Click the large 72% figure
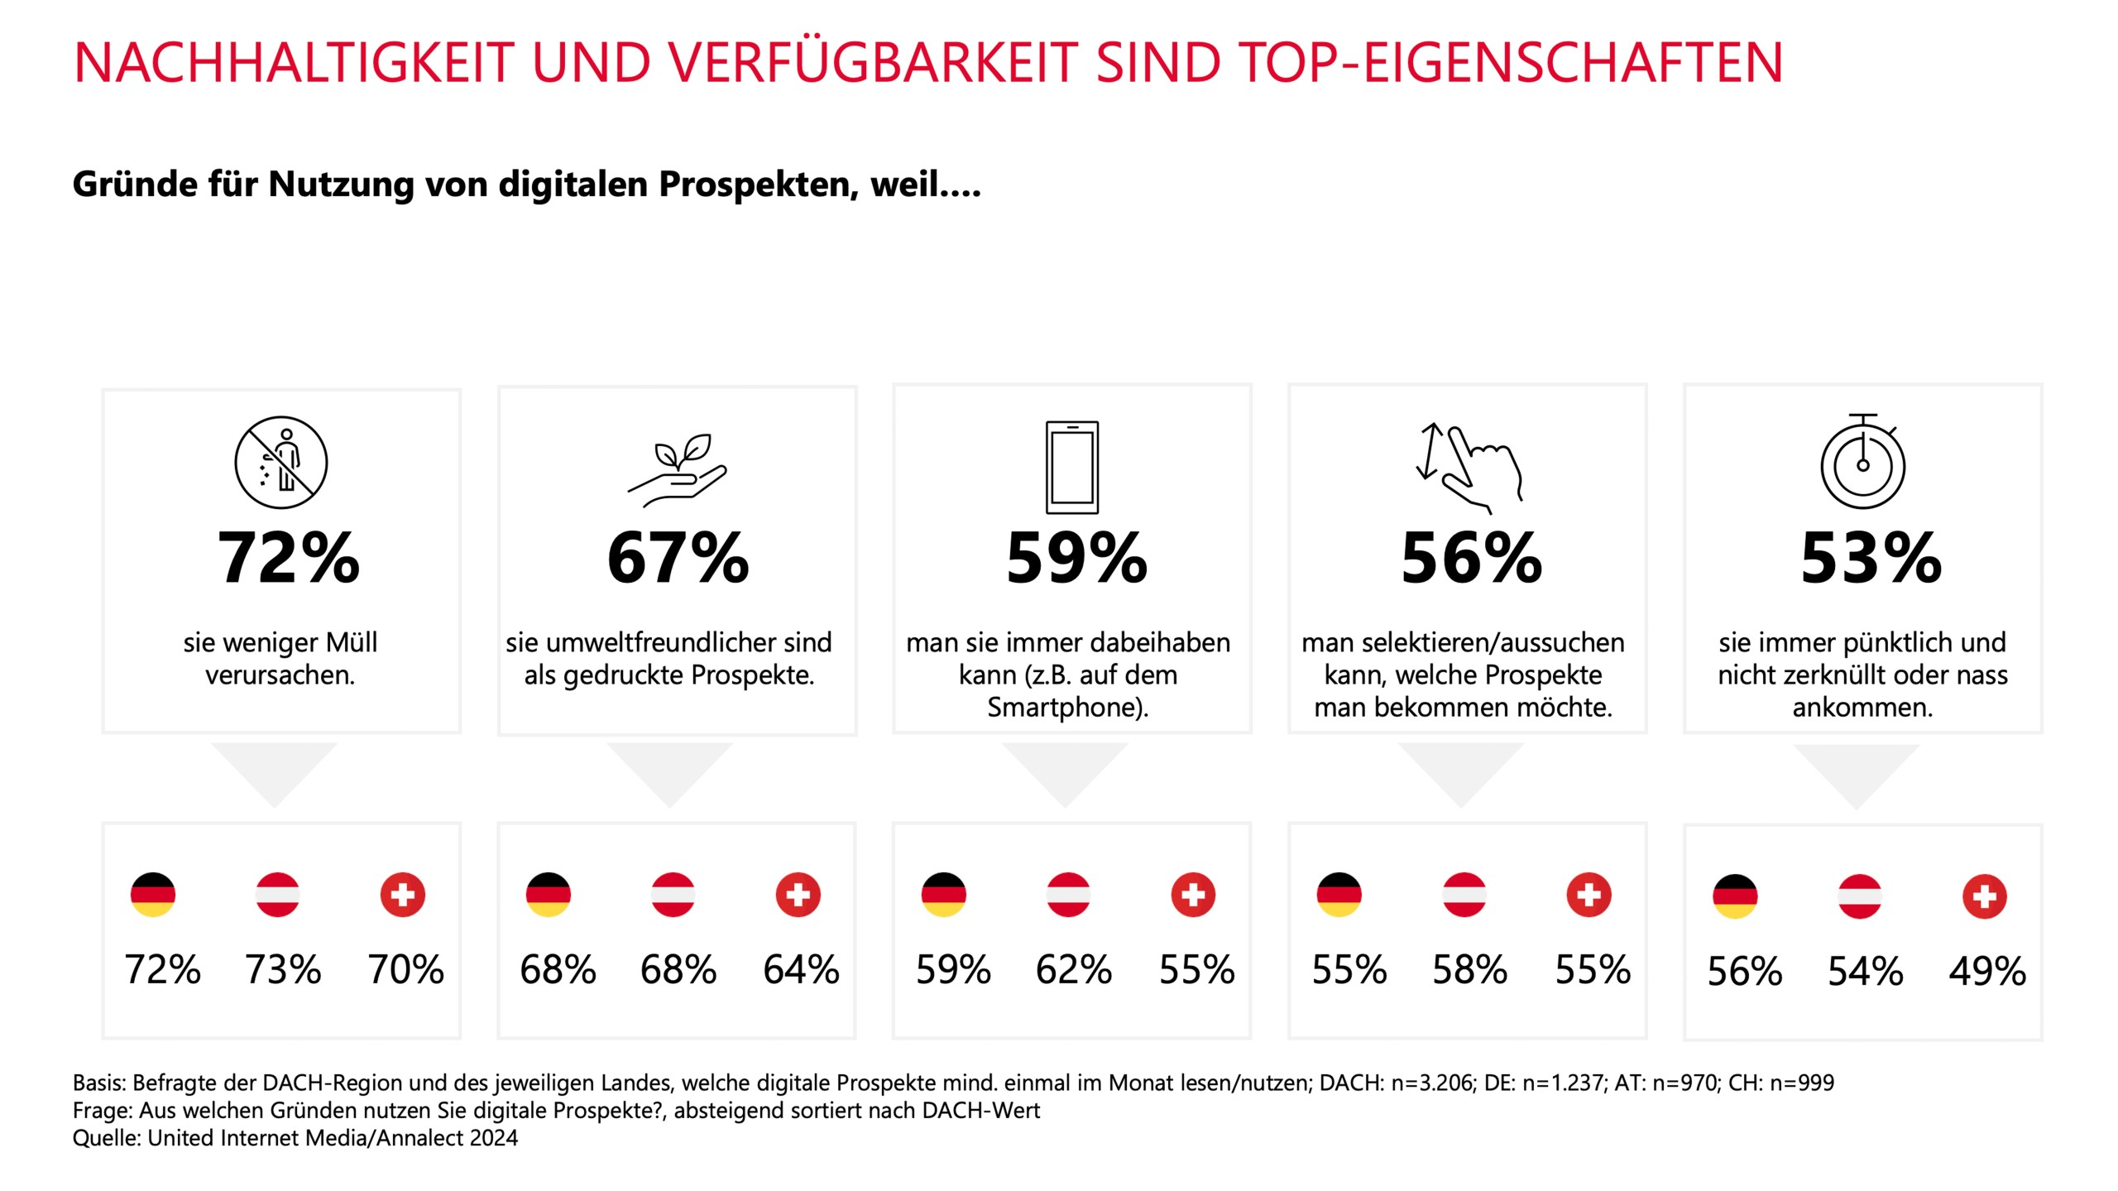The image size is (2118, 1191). click(288, 559)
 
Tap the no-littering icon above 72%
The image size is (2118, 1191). click(281, 462)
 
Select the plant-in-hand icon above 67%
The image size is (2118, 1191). click(678, 468)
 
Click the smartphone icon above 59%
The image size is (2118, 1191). click(1072, 468)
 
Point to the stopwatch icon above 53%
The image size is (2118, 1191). click(1862, 462)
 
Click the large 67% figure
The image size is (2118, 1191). click(678, 559)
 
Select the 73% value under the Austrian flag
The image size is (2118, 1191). click(282, 970)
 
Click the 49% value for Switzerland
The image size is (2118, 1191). click(1986, 972)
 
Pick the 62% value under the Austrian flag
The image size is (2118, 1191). click(1073, 970)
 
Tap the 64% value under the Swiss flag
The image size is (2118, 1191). click(801, 970)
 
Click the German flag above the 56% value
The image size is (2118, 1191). click(1735, 896)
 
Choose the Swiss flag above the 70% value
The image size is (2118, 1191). click(403, 895)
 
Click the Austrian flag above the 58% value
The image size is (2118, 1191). click(1464, 895)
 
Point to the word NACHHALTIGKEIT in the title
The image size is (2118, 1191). click(294, 63)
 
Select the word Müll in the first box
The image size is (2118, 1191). click(351, 642)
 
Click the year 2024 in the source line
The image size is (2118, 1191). click(493, 1138)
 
